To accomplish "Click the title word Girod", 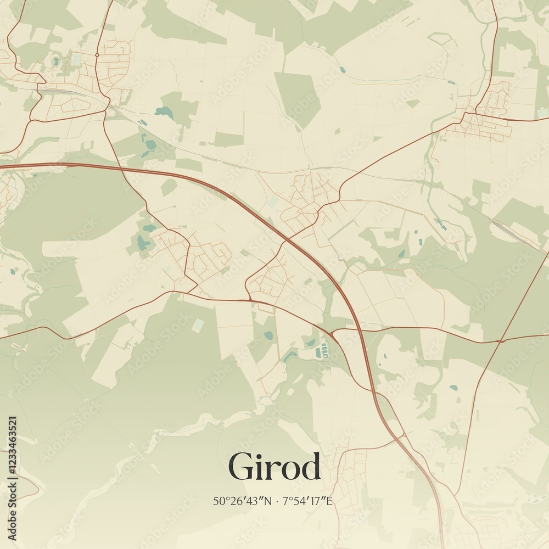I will (274, 467).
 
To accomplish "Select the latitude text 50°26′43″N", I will (243, 501).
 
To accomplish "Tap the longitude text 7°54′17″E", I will (307, 501).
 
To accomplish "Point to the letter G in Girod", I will (242, 467).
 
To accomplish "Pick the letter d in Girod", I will (310, 467).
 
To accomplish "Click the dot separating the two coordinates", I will (278, 501).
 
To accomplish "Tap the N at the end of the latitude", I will (268, 501).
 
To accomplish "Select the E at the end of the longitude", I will (329, 501).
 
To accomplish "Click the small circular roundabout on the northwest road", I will (97, 55).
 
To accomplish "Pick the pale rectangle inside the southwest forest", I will (197, 326).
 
